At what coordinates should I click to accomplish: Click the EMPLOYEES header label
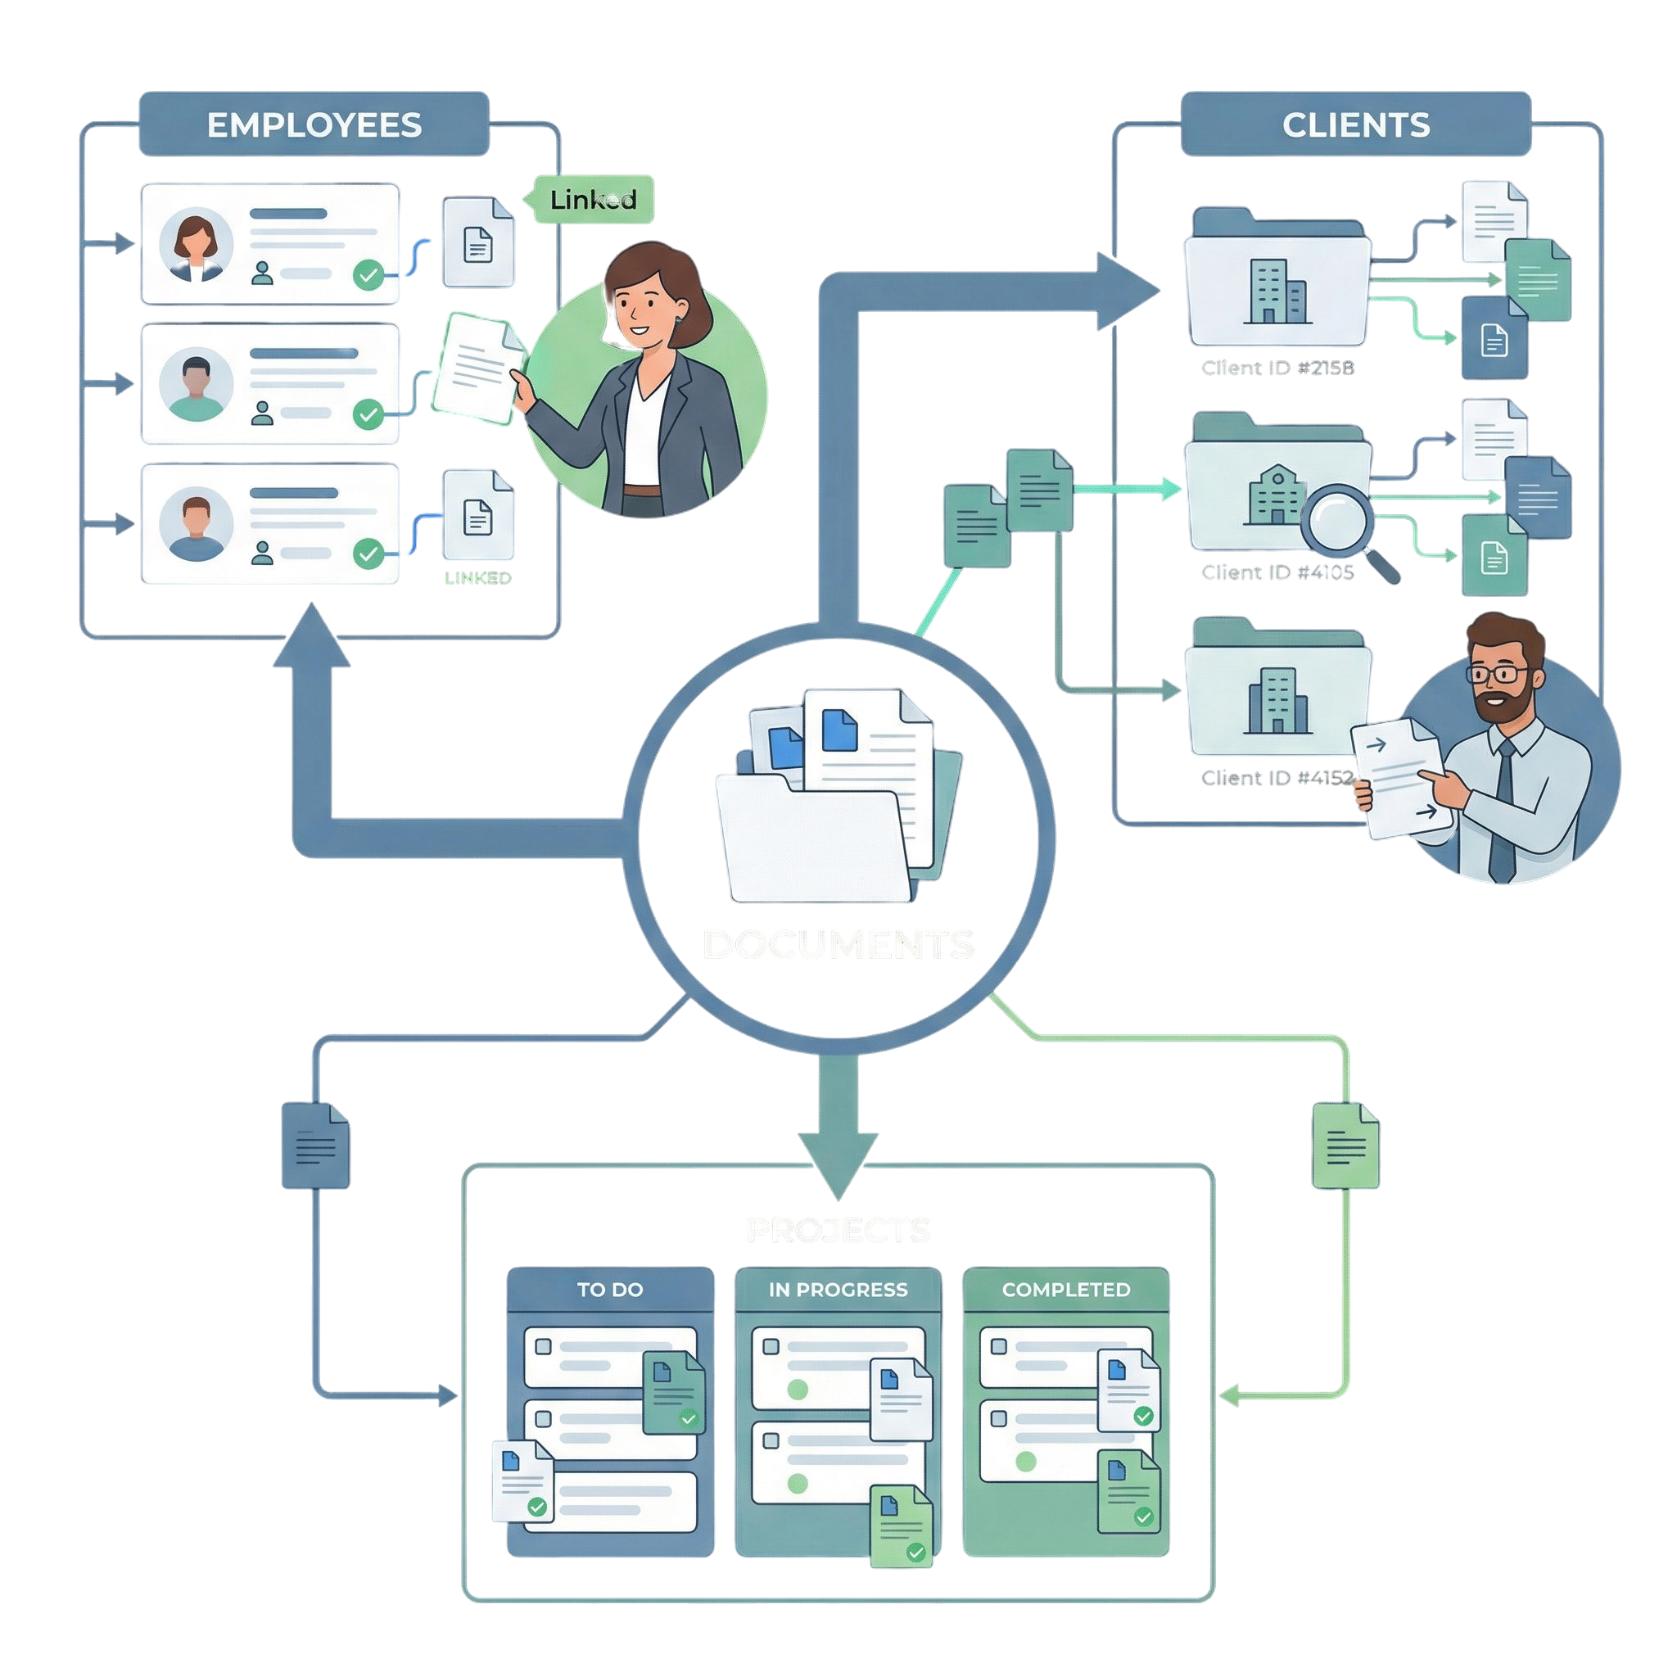pyautogui.click(x=314, y=125)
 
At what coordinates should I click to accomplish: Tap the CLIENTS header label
pyautogui.click(x=1355, y=125)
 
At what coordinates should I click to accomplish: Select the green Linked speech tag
pyautogui.click(x=593, y=200)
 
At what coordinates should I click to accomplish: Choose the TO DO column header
pyautogui.click(x=610, y=1290)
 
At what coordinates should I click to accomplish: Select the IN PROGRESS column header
pyautogui.click(x=838, y=1290)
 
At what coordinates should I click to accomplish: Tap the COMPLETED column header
pyautogui.click(x=1066, y=1290)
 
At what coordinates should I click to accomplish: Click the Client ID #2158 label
pyautogui.click(x=1277, y=368)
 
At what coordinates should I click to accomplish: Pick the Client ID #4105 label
pyautogui.click(x=1277, y=572)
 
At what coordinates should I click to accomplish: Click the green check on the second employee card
pyautogui.click(x=368, y=414)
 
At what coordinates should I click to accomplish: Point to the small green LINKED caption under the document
pyautogui.click(x=477, y=578)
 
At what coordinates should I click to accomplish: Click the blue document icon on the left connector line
pyautogui.click(x=315, y=1145)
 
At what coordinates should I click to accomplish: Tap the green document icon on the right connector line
pyautogui.click(x=1345, y=1145)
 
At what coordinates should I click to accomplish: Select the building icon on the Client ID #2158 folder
pyautogui.click(x=1277, y=291)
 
